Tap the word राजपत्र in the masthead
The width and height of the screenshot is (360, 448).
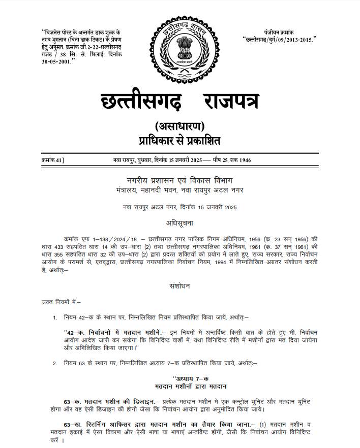coord(230,100)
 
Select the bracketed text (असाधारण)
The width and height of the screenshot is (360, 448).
coord(179,126)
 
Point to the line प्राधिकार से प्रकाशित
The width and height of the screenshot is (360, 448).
coord(179,140)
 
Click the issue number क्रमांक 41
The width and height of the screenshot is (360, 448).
coord(52,161)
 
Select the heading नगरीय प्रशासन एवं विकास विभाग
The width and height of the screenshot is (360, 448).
coord(180,181)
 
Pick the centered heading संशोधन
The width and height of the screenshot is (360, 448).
coord(180,286)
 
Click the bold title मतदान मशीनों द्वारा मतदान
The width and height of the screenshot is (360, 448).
coord(179,387)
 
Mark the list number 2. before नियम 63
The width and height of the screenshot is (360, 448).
coord(55,364)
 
